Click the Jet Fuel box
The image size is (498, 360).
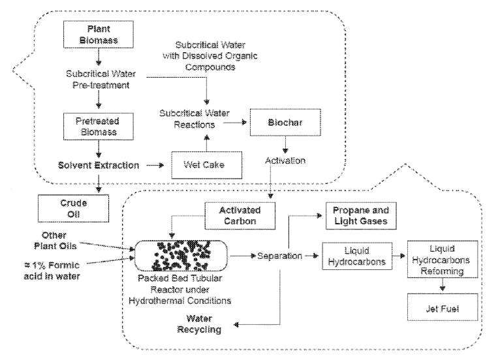444,306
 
